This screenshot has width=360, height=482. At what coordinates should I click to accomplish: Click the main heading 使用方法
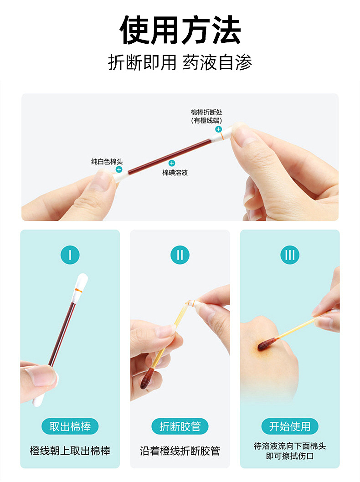(180, 30)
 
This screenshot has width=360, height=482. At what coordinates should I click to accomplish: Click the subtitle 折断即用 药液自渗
(180, 62)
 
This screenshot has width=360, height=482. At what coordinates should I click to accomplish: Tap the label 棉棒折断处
(206, 112)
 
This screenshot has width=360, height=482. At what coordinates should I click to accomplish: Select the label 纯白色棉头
(107, 161)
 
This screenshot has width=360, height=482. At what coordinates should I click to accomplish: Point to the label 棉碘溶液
(175, 173)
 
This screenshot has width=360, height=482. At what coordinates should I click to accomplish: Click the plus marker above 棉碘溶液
(172, 163)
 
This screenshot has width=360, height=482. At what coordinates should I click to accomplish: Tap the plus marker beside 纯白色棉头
(119, 169)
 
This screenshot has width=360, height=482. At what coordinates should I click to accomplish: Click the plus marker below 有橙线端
(218, 129)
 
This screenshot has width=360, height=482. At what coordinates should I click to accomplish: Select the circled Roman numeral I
(70, 255)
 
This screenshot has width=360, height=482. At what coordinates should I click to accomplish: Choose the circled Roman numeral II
(180, 255)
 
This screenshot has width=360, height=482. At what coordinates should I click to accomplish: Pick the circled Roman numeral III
(290, 255)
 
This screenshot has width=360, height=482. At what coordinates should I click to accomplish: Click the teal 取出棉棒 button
(70, 426)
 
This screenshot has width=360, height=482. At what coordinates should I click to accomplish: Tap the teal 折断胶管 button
(180, 426)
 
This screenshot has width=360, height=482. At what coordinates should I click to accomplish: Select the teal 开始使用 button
(290, 426)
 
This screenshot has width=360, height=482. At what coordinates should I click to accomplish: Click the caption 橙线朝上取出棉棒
(70, 451)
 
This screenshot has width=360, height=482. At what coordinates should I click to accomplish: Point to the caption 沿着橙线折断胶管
(180, 451)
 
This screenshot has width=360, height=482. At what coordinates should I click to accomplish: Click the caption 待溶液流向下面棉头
(290, 446)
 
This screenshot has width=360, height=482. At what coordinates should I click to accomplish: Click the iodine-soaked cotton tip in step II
(147, 378)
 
